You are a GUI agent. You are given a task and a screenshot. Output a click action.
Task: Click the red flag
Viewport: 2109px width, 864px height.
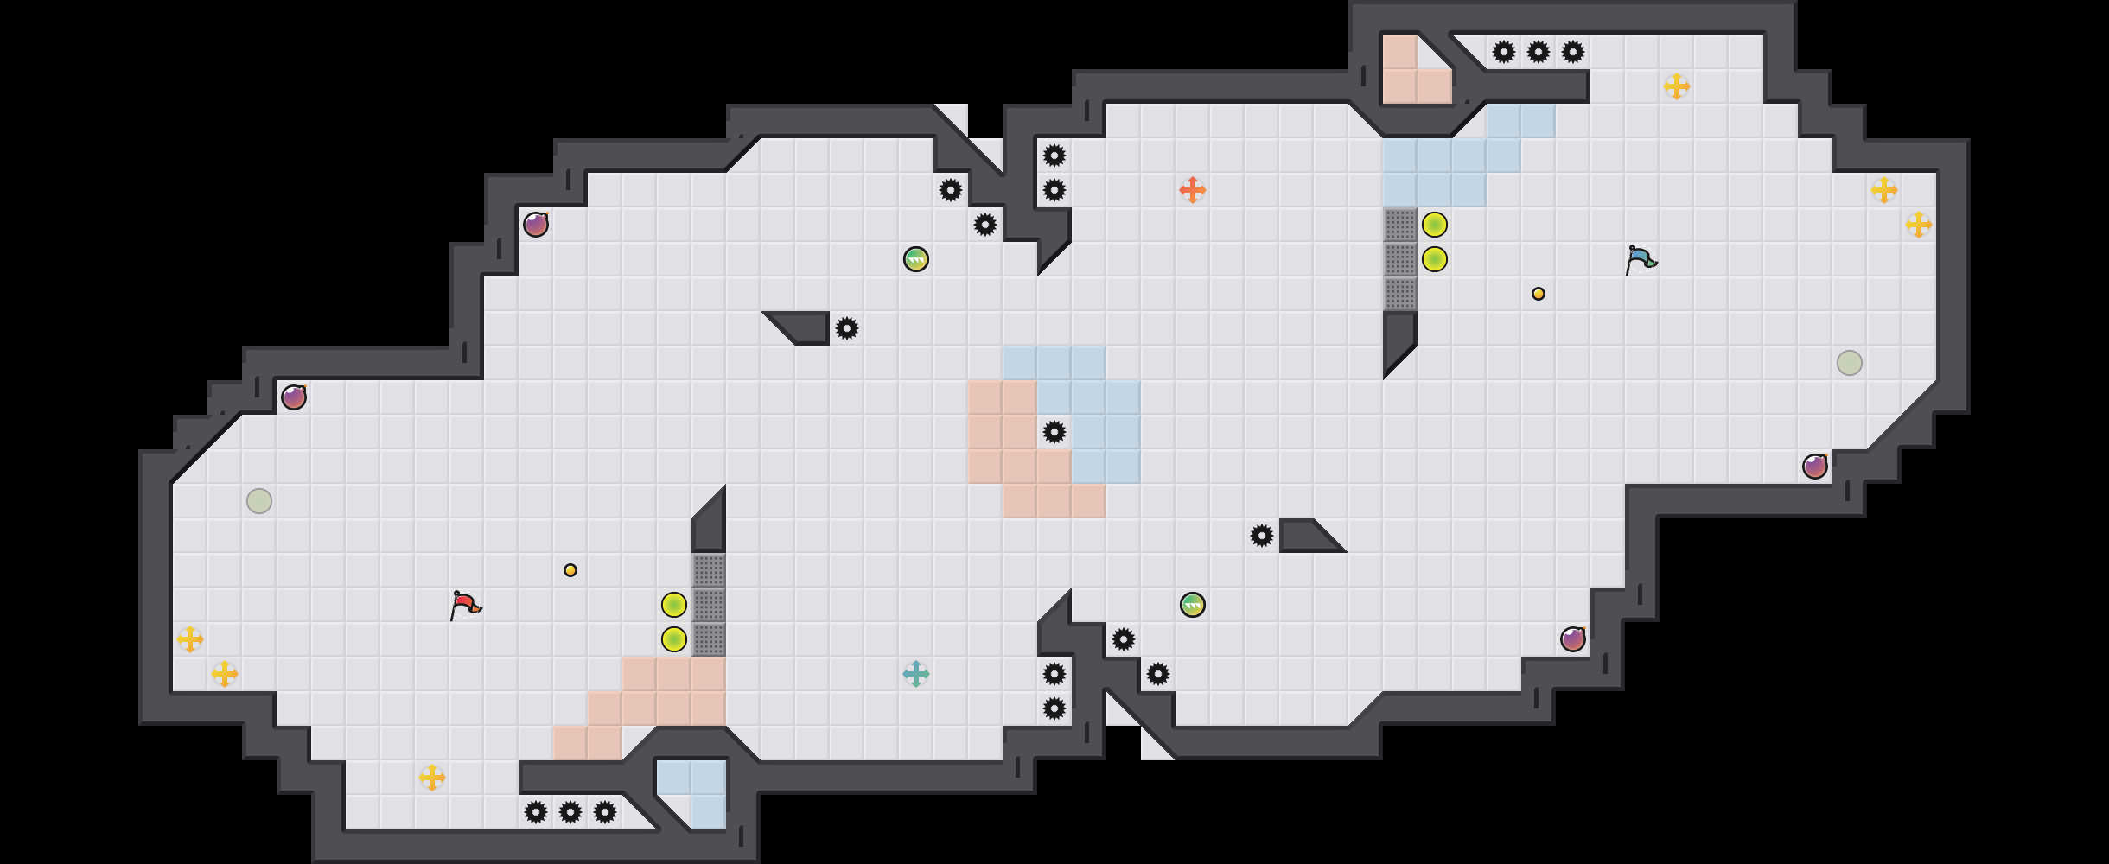(x=465, y=605)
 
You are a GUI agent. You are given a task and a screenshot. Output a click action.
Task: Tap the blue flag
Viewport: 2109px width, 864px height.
(x=1640, y=259)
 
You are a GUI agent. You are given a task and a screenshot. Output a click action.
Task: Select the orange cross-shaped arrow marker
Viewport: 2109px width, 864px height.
(x=1193, y=190)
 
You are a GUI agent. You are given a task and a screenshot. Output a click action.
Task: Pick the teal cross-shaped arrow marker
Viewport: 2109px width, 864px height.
(x=916, y=674)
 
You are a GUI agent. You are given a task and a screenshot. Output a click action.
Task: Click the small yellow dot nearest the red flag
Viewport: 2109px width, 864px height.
(x=570, y=570)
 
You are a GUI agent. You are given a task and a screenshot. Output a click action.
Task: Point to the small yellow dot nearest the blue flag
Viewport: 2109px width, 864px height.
(x=1539, y=294)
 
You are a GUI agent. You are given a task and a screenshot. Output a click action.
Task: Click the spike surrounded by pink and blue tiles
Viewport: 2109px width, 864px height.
(x=1054, y=432)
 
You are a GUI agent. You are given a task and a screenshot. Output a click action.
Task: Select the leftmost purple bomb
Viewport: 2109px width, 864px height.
(x=294, y=397)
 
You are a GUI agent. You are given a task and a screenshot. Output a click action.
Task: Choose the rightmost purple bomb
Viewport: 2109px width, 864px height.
(x=1815, y=467)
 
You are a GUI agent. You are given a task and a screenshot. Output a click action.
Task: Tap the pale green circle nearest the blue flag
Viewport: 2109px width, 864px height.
(x=1850, y=363)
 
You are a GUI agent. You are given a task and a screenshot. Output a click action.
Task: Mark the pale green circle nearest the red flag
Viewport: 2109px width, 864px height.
(x=259, y=501)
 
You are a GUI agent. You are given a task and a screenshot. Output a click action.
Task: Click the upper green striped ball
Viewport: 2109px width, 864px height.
(x=916, y=259)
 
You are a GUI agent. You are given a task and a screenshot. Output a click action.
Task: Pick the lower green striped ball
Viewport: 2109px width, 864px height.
(x=1193, y=605)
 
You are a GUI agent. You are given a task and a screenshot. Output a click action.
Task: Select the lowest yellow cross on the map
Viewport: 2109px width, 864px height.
(x=432, y=778)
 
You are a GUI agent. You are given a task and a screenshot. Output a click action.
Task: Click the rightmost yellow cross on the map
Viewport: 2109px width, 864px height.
(x=1919, y=225)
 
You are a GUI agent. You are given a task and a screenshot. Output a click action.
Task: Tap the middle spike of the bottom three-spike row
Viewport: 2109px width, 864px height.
(x=570, y=812)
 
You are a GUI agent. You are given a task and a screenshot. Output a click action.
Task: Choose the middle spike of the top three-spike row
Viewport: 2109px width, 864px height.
(x=1539, y=52)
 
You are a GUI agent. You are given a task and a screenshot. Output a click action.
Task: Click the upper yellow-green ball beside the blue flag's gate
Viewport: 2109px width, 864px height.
(x=1435, y=225)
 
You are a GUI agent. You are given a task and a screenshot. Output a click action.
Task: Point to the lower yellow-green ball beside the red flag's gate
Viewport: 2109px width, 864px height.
(x=674, y=639)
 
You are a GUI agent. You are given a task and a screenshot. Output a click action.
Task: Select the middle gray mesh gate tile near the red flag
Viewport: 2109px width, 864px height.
(x=709, y=605)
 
